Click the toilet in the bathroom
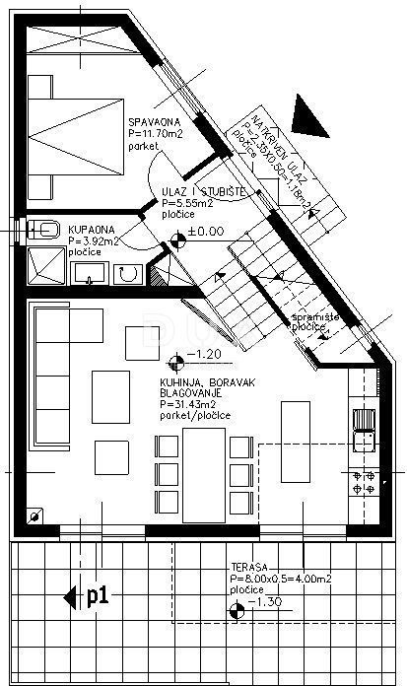point(44,230)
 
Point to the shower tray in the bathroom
point(45,266)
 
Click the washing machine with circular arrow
point(126,273)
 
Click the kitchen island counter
point(296,433)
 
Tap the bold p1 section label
point(97,595)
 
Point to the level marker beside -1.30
point(235,613)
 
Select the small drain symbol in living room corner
point(36,514)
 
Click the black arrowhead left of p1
point(68,596)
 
